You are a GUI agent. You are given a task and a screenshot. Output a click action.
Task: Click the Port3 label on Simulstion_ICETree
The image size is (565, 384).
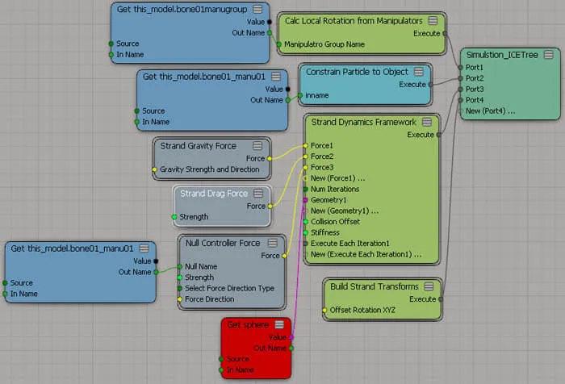(475, 89)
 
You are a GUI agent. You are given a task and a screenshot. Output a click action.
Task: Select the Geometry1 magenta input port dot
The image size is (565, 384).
(306, 200)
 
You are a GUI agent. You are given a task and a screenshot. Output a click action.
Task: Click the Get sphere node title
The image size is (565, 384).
(248, 324)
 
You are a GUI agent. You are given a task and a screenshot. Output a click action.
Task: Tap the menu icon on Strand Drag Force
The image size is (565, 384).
(258, 194)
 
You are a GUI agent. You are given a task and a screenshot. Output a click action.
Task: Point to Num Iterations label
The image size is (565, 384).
(335, 189)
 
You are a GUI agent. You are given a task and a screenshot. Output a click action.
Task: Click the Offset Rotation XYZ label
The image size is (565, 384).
(362, 310)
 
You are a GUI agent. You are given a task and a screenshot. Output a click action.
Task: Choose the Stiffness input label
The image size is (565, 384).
(325, 232)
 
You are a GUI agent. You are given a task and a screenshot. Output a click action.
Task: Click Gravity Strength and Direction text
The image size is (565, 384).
(209, 169)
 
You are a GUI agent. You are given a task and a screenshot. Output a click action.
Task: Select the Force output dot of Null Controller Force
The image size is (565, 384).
(284, 256)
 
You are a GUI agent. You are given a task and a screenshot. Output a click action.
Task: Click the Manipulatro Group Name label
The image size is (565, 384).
(324, 44)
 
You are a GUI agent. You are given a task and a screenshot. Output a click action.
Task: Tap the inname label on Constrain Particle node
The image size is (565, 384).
(316, 95)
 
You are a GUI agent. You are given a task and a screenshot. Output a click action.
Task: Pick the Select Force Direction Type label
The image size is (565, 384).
(229, 288)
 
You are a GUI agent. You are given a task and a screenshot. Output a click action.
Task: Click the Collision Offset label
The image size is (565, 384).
(335, 222)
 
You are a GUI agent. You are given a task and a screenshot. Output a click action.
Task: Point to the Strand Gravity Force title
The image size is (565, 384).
(199, 146)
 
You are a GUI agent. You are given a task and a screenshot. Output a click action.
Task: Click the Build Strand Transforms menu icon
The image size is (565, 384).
(429, 286)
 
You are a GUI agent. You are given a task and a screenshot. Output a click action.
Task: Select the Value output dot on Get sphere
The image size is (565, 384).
(291, 337)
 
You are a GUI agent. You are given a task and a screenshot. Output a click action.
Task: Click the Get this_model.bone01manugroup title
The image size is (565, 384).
(182, 10)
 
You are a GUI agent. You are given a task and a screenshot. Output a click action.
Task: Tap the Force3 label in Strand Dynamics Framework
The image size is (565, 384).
(322, 168)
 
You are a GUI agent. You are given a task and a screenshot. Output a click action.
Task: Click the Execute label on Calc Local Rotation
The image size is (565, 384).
(427, 34)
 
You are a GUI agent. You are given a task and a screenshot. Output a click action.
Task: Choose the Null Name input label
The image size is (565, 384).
(201, 266)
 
